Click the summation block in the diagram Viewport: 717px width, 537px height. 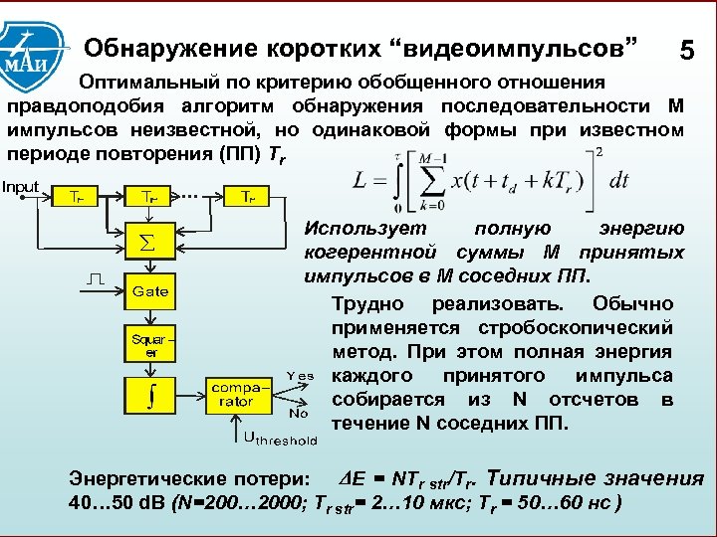(x=145, y=242)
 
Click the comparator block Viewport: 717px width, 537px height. (x=230, y=393)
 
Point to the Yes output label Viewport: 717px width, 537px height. (x=300, y=375)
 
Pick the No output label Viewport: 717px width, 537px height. (x=297, y=412)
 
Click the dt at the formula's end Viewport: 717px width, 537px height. (x=619, y=182)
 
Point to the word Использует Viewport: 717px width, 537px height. (x=361, y=229)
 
